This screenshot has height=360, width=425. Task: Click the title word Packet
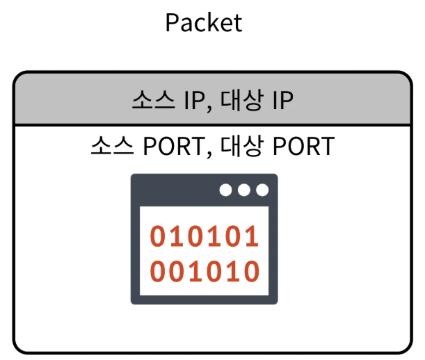coord(204,23)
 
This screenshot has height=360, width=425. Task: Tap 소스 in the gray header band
coord(154,100)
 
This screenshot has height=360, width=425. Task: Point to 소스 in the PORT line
coord(113,147)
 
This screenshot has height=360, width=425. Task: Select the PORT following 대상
coord(303,147)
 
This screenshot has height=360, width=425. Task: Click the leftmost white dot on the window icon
coord(226,190)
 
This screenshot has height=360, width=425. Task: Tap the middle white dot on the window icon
coord(244,190)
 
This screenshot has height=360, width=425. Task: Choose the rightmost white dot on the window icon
coord(262,190)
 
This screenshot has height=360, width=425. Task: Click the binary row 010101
coord(205,237)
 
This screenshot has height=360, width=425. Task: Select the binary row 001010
coord(205,270)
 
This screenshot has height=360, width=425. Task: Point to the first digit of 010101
coord(159,237)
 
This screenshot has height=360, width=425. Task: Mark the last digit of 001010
coord(251,270)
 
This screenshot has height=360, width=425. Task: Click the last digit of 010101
coord(251,237)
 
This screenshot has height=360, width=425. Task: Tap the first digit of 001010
coord(159,270)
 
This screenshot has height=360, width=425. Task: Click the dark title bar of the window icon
coord(174,190)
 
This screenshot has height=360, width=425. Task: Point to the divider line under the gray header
coord(209,125)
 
